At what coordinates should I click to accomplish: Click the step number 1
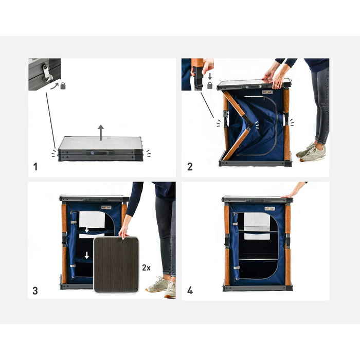pos(35,167)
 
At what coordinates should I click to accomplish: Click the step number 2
pos(190,167)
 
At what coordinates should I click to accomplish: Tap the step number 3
pos(35,291)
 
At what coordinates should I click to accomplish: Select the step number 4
pos(190,291)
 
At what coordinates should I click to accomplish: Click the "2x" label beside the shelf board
pos(146,268)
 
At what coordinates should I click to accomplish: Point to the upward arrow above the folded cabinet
pos(101,133)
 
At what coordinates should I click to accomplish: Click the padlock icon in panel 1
pos(63,86)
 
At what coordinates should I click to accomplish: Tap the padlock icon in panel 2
pos(210,86)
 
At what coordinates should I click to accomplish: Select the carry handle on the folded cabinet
pos(101,153)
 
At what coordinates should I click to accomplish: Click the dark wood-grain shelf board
pos(116,264)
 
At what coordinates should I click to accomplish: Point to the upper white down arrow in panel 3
pos(86,229)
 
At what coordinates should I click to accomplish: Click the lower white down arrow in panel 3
pos(86,255)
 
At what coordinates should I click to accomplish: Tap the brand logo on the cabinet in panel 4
pos(269,209)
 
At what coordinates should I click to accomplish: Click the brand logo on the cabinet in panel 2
pos(267,92)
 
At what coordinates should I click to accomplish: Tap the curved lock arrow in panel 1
pos(55,86)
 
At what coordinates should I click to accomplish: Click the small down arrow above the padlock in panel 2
pos(210,77)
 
